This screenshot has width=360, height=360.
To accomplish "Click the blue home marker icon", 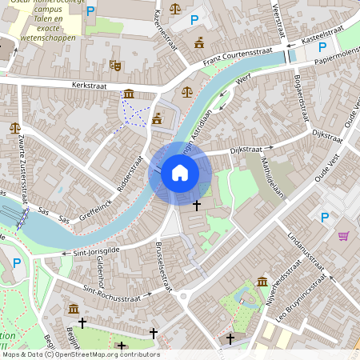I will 180,172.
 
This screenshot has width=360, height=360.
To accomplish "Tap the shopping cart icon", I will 343,235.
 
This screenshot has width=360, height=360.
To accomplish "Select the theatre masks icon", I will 115,65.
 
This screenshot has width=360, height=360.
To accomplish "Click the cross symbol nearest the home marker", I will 197,206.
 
